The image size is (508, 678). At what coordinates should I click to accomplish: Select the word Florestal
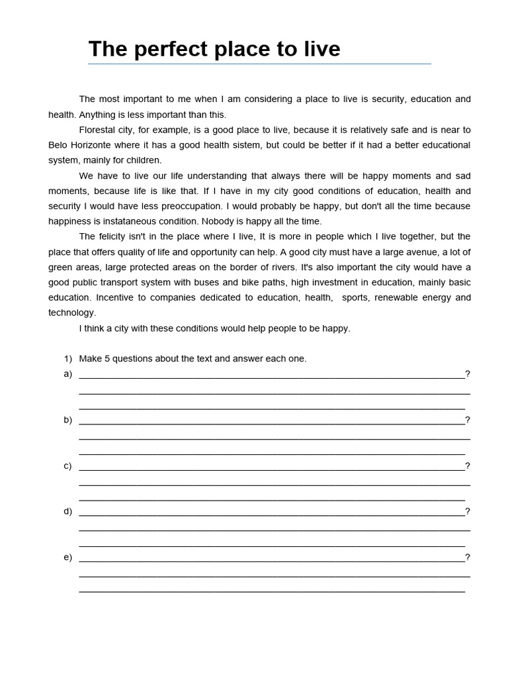pos(99,130)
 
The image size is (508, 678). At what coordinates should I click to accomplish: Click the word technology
pos(72,313)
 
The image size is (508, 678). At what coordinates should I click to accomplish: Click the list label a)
pos(67,374)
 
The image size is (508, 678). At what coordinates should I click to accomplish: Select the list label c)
pos(67,465)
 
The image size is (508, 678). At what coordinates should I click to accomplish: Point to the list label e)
pos(67,557)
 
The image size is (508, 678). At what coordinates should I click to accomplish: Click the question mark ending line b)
pos(468,420)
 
